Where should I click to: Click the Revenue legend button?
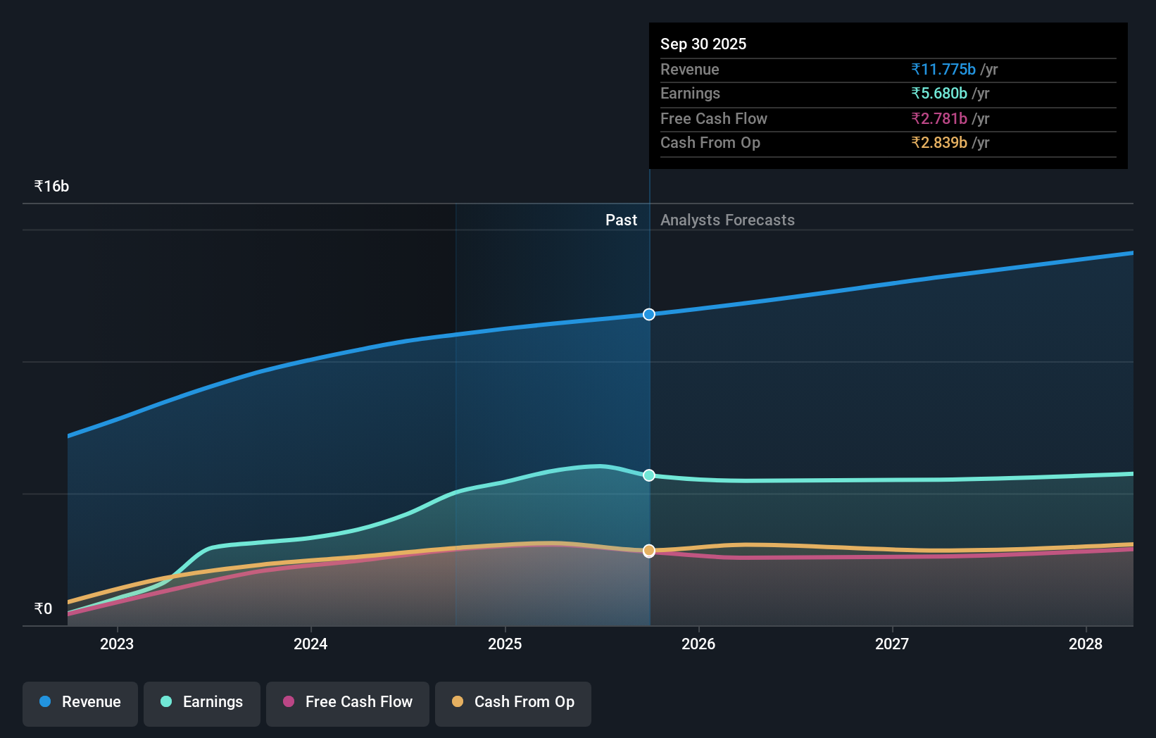click(80, 702)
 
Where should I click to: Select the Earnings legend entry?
click(202, 702)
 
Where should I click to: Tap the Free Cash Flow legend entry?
click(348, 702)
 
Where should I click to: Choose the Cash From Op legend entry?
click(513, 702)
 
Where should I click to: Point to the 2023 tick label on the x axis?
click(117, 644)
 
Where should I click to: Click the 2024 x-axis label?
click(310, 644)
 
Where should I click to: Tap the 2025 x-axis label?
click(505, 644)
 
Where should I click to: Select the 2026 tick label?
click(698, 644)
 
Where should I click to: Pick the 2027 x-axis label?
click(892, 644)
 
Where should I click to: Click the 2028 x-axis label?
click(1086, 644)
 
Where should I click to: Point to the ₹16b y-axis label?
click(52, 187)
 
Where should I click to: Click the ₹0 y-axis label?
click(44, 609)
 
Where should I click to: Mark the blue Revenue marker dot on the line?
click(649, 314)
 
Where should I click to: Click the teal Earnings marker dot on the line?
click(649, 475)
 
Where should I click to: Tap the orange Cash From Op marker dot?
click(649, 551)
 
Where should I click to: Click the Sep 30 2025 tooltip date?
click(703, 44)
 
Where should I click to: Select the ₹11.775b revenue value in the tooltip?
click(943, 70)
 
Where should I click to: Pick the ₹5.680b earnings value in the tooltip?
click(939, 94)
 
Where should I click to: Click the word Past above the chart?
click(621, 220)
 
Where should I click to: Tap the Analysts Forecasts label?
click(727, 220)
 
